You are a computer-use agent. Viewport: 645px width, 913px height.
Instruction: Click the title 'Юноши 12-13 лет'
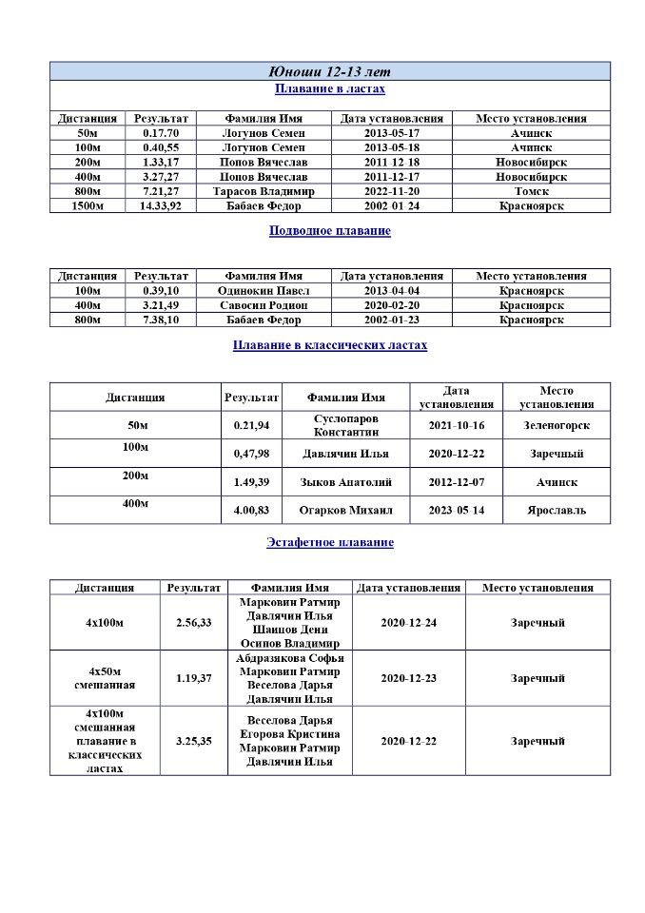[x=330, y=71]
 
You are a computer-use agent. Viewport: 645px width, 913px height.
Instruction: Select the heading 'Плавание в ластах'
[x=330, y=89]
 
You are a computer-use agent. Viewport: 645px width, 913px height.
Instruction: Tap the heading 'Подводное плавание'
[x=330, y=230]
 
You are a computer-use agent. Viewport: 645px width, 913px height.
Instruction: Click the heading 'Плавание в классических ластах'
[x=330, y=345]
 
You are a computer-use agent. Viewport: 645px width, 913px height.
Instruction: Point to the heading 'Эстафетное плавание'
[x=330, y=542]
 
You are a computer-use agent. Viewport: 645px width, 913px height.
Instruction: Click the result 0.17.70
[x=161, y=133]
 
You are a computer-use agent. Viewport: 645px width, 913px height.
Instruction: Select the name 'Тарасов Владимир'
[x=264, y=191]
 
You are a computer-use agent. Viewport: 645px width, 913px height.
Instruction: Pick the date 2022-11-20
[x=391, y=191]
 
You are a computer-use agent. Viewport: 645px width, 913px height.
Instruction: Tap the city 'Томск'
[x=531, y=191]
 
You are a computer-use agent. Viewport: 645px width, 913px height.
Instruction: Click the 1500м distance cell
[x=88, y=205]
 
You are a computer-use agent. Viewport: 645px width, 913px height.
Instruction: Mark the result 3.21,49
[x=161, y=305]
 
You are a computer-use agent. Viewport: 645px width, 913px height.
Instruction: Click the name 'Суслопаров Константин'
[x=346, y=425]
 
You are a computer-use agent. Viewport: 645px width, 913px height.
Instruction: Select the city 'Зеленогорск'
[x=557, y=425]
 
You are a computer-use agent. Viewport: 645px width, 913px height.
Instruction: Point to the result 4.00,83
[x=251, y=510]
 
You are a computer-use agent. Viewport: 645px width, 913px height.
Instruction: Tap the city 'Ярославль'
[x=557, y=510]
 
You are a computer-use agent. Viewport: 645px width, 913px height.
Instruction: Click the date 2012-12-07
[x=456, y=482]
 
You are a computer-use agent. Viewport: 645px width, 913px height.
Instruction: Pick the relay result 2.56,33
[x=193, y=623]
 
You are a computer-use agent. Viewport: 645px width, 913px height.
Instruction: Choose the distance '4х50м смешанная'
[x=105, y=678]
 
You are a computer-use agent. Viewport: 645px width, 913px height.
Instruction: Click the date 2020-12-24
[x=408, y=623]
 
